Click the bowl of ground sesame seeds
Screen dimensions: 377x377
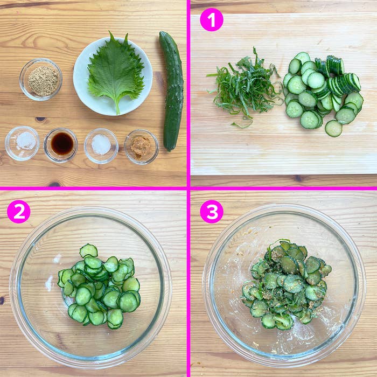pyautogui.click(x=41, y=79)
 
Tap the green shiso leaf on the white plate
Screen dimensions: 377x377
pyautogui.click(x=115, y=72)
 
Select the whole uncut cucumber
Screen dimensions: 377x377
pyautogui.click(x=171, y=91)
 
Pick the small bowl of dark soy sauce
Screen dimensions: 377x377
pyautogui.click(x=60, y=145)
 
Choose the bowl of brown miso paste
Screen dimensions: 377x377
pyautogui.click(x=141, y=146)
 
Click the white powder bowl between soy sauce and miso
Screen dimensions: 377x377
pyautogui.click(x=101, y=146)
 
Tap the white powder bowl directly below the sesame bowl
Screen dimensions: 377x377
pyautogui.click(x=22, y=143)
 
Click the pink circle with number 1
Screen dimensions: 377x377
pyautogui.click(x=212, y=20)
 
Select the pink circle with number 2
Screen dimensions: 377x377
pyautogui.click(x=19, y=212)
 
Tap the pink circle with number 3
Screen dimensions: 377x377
pyautogui.click(x=212, y=212)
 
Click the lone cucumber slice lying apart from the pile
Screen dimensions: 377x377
pyautogui.click(x=333, y=128)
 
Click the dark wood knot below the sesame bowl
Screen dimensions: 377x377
pyautogui.click(x=40, y=119)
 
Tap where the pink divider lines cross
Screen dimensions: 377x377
pyautogui.click(x=188, y=188)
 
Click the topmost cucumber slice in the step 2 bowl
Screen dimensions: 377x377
pyautogui.click(x=88, y=250)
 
